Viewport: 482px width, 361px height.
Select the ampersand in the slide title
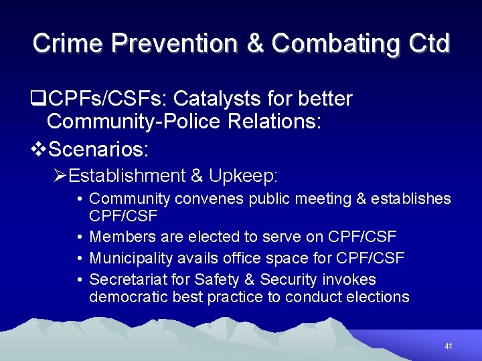255,43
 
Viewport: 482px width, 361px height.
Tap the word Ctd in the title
427,43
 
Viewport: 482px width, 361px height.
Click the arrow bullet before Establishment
60,176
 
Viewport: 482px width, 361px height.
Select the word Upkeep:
243,176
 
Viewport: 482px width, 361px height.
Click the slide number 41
449,346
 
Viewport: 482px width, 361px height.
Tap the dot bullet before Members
79,237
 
